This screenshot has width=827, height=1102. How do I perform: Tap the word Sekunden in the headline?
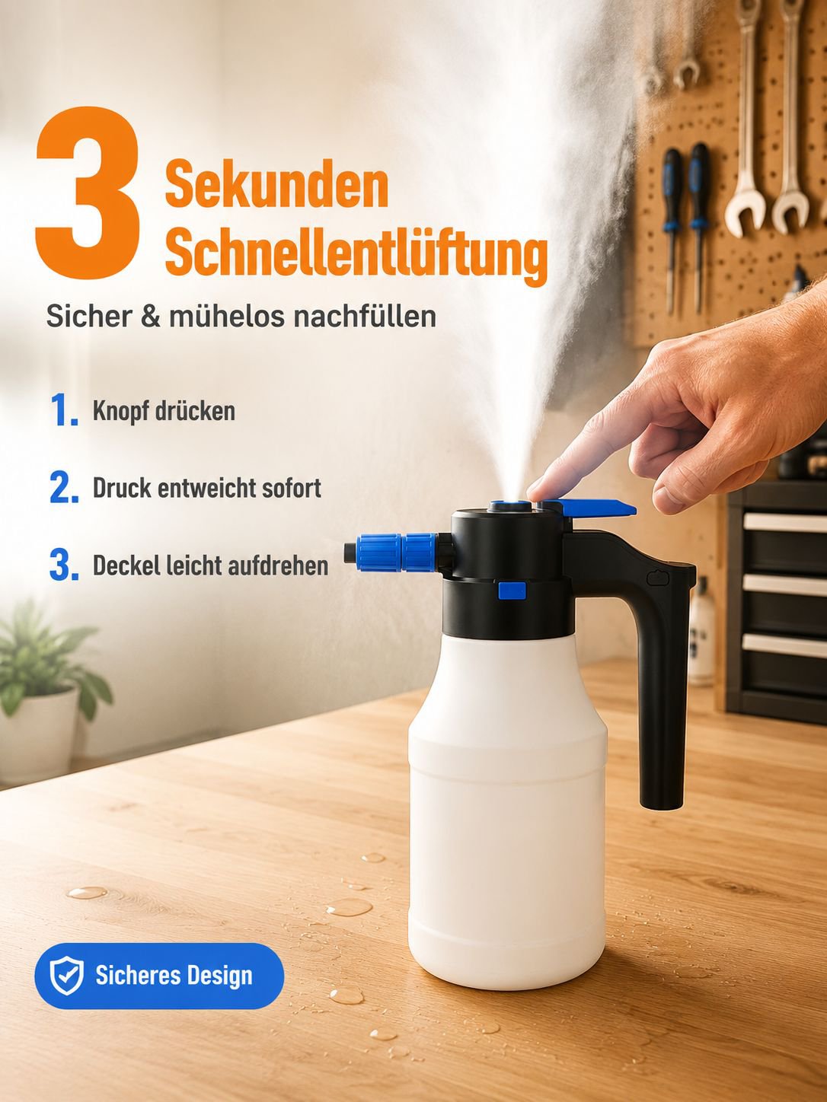coord(276,183)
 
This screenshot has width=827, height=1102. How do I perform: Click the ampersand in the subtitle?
coord(150,317)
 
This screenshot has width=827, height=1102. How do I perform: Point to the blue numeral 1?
coord(65,409)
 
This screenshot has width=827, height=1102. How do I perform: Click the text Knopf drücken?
coord(164,411)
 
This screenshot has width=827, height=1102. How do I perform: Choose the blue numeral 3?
coord(65,564)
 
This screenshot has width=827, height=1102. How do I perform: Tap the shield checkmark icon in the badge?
coord(67,975)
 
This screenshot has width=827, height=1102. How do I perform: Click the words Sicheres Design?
coord(174,976)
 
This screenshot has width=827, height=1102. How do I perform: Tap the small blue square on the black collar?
coord(512,591)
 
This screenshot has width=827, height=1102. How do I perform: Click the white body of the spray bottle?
coord(507,808)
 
